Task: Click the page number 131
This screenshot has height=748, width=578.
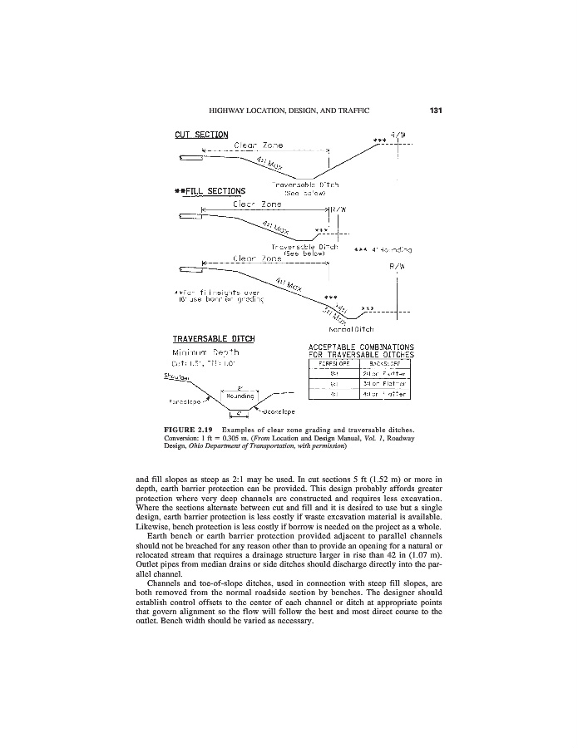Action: click(436, 110)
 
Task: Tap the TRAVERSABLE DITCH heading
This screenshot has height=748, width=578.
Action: click(214, 339)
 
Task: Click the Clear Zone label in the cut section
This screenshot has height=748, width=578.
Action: click(259, 145)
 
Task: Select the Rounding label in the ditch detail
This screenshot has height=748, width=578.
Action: click(240, 396)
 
